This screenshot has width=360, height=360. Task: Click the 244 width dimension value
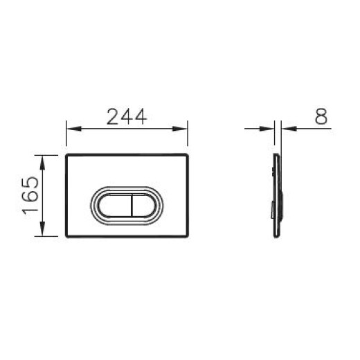tap(127, 117)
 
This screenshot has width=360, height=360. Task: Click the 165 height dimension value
tap(28, 196)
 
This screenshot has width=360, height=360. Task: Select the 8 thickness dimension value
tap(321, 117)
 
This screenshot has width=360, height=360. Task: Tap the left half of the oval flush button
tap(114, 204)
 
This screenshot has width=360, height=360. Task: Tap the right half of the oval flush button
tap(143, 204)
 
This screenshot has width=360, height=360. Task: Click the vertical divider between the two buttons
tap(128, 204)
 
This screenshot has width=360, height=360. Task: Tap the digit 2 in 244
tap(113, 117)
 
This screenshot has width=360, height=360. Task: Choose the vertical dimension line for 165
tap(45, 196)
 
